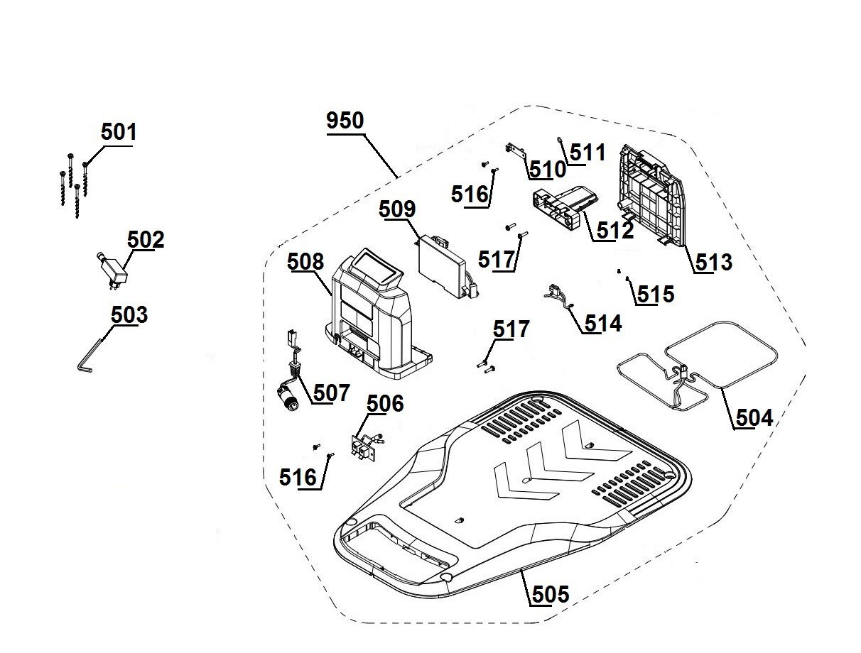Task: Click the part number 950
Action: pyautogui.click(x=345, y=121)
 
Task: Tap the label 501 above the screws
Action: pyautogui.click(x=119, y=132)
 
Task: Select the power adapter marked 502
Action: pyautogui.click(x=112, y=270)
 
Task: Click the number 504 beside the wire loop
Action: pyautogui.click(x=754, y=417)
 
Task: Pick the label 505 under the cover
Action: pyautogui.click(x=551, y=594)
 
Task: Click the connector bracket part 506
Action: pyautogui.click(x=367, y=448)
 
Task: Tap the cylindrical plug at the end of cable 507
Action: pyautogui.click(x=288, y=398)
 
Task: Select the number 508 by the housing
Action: pyautogui.click(x=305, y=261)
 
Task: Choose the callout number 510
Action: pyautogui.click(x=548, y=170)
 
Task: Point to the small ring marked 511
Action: pyautogui.click(x=561, y=139)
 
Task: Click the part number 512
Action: pyautogui.click(x=615, y=231)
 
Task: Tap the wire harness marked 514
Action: pyautogui.click(x=560, y=297)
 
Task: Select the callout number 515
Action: pyautogui.click(x=656, y=294)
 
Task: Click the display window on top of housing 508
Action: pyautogui.click(x=377, y=268)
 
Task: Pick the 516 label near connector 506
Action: pyautogui.click(x=298, y=478)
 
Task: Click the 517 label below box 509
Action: pyautogui.click(x=496, y=260)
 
